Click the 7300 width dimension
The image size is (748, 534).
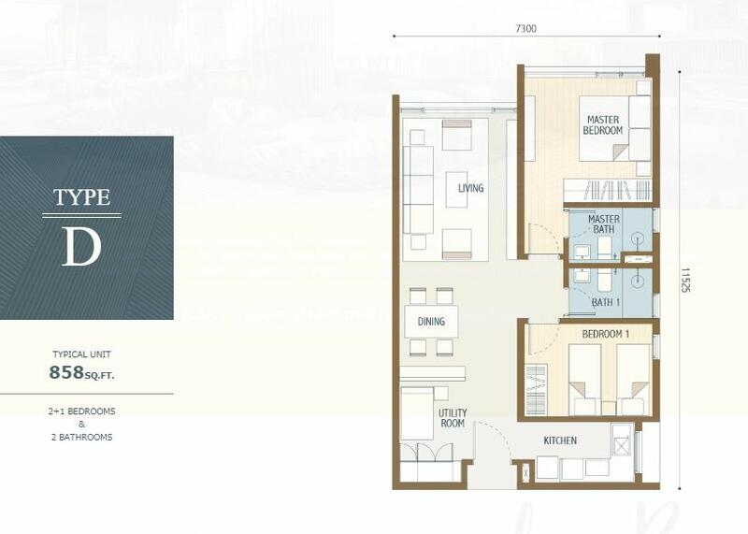pos(525,29)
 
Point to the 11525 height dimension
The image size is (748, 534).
pos(685,280)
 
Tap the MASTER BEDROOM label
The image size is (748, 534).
pos(603,125)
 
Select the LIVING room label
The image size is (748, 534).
pos(471,188)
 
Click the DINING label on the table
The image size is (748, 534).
pos(431,322)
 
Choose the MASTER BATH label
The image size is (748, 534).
pos(604,224)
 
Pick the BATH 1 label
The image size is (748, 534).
pos(606,303)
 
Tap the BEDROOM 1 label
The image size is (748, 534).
pos(606,335)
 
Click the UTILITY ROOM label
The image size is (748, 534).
pos(453,417)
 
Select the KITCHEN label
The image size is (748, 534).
pos(560,440)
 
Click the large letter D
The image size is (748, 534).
pos(81,247)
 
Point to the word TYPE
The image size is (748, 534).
pos(81,197)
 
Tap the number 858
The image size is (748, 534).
pos(66,372)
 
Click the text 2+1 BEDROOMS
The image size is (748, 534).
pos(81,411)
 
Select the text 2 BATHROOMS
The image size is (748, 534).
pos(81,437)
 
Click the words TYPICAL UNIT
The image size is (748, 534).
pos(81,354)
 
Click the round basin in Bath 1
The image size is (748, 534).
pos(638,281)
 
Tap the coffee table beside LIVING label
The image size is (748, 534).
pos(456,190)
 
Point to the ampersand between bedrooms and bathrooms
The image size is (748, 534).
pos(81,425)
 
